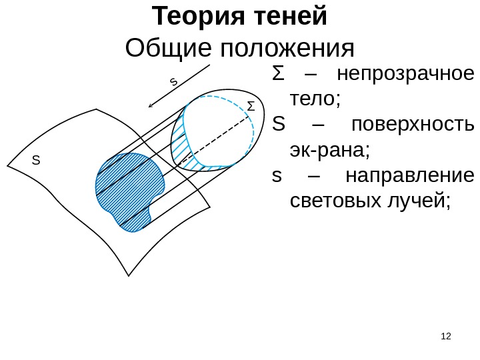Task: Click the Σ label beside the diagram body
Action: click(x=251, y=107)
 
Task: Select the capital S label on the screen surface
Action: click(x=37, y=161)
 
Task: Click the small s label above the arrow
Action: click(x=173, y=82)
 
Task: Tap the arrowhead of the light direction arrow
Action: click(x=151, y=105)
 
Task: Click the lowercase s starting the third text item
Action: click(x=277, y=176)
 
